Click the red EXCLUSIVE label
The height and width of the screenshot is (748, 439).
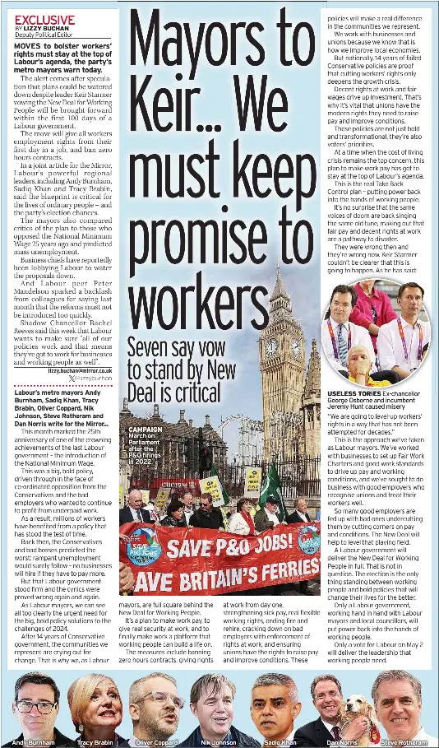(x=44, y=19)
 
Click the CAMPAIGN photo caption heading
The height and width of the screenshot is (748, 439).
(x=146, y=430)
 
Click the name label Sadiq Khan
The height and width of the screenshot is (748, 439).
(x=280, y=741)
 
